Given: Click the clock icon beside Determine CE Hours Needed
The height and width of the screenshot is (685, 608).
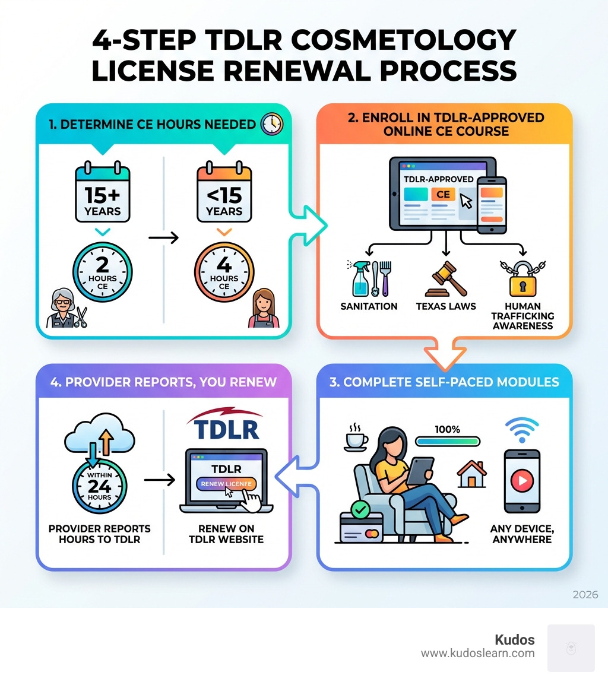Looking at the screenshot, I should [272, 124].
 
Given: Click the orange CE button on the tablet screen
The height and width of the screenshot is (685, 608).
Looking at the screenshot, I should [443, 195].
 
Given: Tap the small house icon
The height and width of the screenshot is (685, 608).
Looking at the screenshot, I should [471, 474].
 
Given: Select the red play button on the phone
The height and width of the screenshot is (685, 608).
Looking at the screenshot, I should [522, 481].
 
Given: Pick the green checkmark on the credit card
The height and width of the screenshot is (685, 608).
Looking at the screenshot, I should [360, 508].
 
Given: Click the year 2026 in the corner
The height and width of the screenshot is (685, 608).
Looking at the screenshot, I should [585, 595].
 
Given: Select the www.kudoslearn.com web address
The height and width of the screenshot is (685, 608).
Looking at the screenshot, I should [477, 654].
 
